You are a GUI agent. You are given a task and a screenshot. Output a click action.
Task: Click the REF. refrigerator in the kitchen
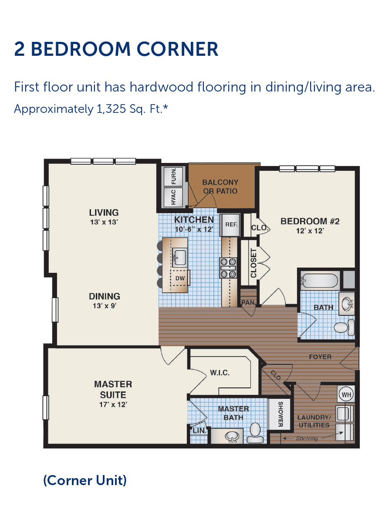pos(230,224)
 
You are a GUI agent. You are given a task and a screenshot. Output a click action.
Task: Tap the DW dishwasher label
pos(180,278)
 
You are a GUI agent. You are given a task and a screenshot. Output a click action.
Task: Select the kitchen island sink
pos(179,257)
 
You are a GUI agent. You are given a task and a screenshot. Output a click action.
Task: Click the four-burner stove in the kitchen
pos(228,268)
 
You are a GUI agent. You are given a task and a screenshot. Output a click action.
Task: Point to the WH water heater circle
pos(346,394)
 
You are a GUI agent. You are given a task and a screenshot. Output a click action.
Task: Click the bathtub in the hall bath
pos(319,281)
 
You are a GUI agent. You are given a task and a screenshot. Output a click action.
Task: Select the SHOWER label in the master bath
pos(280,414)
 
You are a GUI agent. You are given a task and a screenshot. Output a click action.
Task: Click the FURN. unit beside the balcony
pos(173,177)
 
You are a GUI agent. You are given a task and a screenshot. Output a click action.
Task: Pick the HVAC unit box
pos(173,197)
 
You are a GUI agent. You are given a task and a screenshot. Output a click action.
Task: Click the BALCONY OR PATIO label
pos(220,187)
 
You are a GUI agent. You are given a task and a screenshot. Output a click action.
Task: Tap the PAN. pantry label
pos(248,302)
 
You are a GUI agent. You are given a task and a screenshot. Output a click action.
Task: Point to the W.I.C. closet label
pos(220,373)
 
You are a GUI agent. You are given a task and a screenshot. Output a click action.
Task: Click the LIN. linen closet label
pos(199,431)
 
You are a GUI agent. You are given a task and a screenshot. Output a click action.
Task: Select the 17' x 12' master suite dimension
pos(113,404)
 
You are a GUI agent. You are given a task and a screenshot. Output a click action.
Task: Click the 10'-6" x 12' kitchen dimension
pos(194,229)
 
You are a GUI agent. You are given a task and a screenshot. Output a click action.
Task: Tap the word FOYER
pos(320,357)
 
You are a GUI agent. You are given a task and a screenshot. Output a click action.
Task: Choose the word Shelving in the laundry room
pos(307,438)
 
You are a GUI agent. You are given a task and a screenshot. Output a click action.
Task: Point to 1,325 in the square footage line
pos(111,109)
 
